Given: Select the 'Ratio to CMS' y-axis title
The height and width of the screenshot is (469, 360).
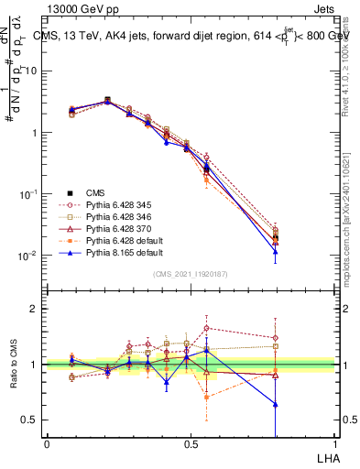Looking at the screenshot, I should click(13, 365).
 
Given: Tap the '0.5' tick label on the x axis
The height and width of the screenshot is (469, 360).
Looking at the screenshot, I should click(190, 442).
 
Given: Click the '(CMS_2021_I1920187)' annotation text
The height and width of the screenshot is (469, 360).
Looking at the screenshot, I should click(190, 273).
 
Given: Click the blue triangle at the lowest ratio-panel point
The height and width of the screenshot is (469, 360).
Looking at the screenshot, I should click(275, 404).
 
